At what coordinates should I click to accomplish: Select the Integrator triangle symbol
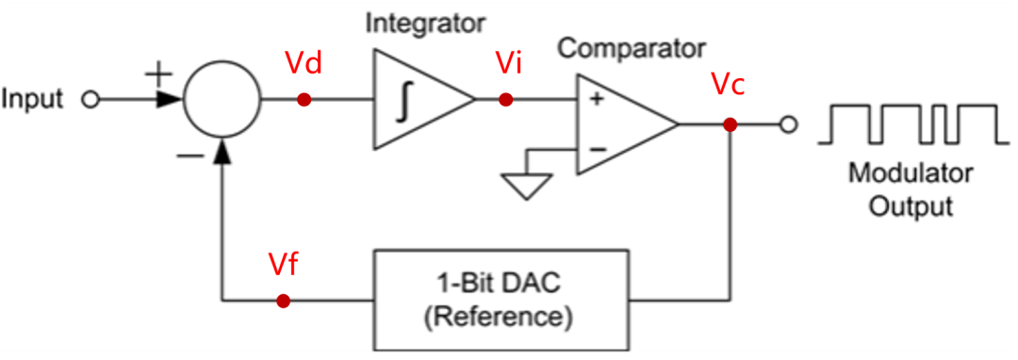(x=415, y=100)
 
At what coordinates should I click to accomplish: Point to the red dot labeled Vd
(x=304, y=100)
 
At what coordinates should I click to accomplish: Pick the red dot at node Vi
(x=506, y=100)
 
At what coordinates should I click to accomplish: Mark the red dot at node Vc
(x=730, y=124)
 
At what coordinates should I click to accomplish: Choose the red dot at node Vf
(x=283, y=302)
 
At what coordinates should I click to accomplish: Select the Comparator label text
(x=631, y=46)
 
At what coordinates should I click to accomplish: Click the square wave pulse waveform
(x=907, y=124)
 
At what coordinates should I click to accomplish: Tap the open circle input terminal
(x=90, y=100)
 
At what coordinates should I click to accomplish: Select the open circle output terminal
(x=790, y=124)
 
